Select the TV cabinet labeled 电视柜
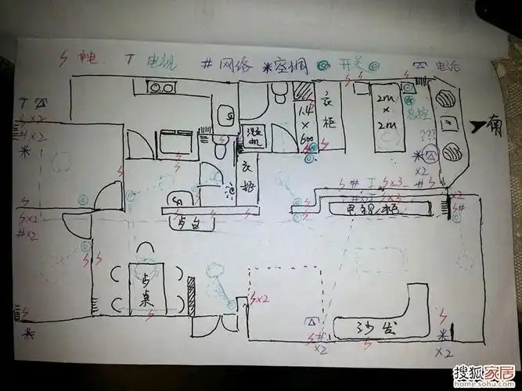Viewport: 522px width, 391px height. point(376,209)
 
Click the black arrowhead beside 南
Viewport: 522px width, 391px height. point(477,124)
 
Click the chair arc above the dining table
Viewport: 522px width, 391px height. point(146,250)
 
